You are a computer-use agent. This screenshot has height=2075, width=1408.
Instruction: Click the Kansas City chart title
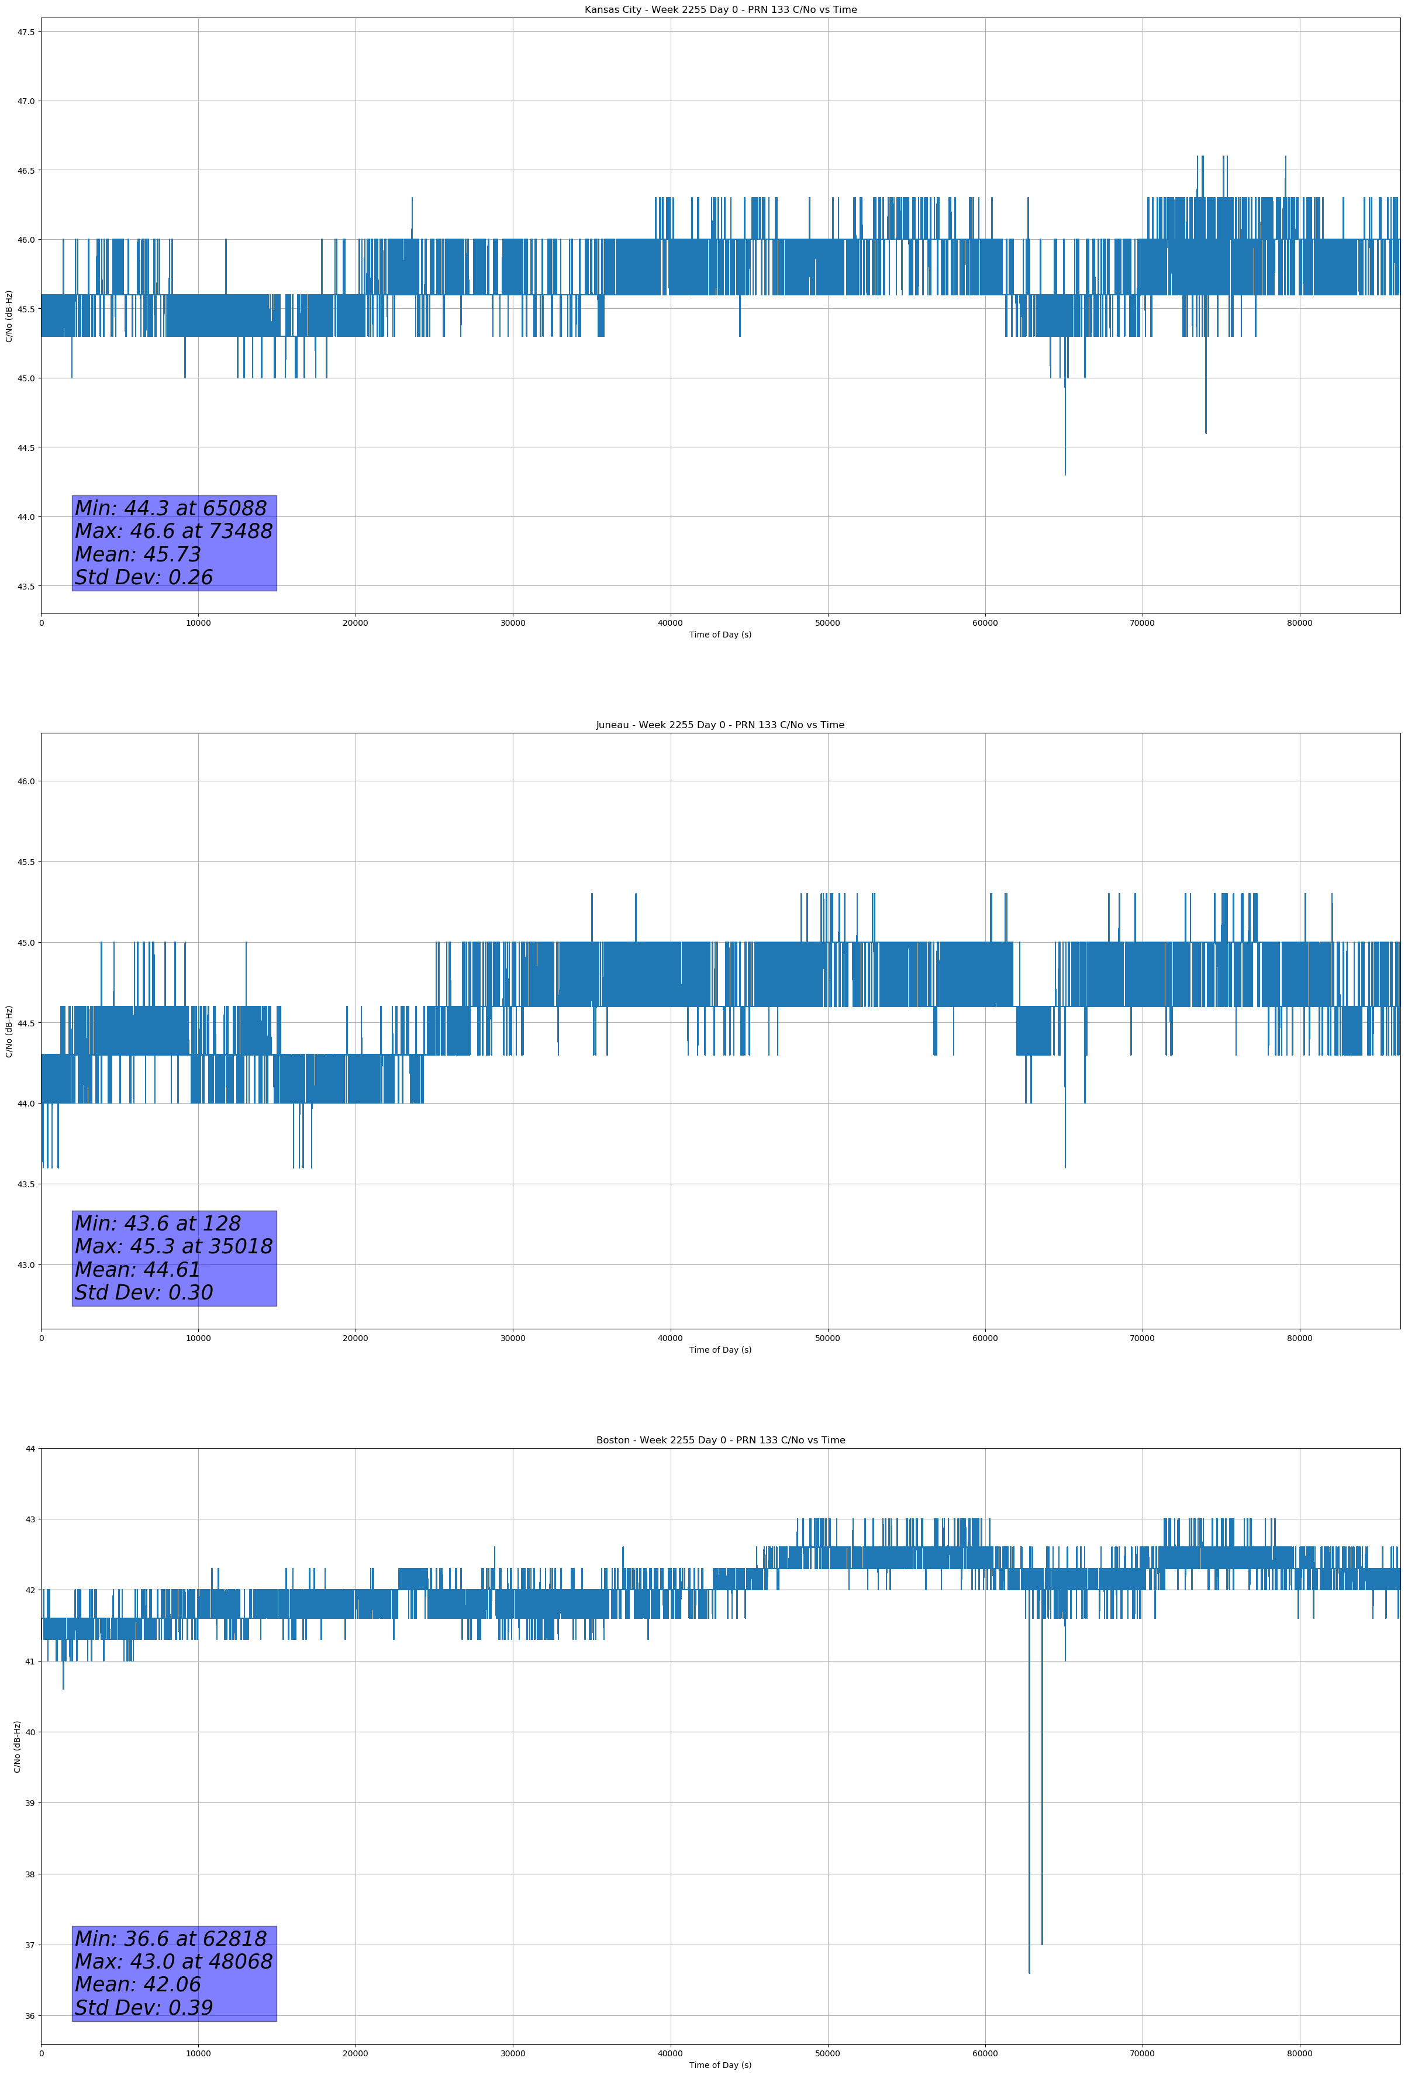[x=720, y=10]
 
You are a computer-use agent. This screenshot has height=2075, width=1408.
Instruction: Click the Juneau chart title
[x=720, y=725]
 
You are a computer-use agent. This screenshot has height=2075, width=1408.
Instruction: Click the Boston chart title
[x=720, y=1440]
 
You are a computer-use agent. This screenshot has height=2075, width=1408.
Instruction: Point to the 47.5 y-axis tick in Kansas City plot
[x=25, y=32]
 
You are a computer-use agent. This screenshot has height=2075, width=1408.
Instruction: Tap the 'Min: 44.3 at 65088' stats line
[x=171, y=508]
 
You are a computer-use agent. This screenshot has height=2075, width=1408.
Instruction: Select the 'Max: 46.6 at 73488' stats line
[x=173, y=531]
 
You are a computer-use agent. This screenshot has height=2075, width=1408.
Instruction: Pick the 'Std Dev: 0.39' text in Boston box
[x=144, y=2008]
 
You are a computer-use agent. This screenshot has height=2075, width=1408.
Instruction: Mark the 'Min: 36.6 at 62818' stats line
[x=171, y=1938]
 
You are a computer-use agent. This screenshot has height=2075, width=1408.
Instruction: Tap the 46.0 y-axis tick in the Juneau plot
[x=25, y=781]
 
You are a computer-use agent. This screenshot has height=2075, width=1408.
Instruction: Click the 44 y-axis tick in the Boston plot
[x=30, y=1448]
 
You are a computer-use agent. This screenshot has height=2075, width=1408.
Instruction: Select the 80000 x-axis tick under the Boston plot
[x=1299, y=2053]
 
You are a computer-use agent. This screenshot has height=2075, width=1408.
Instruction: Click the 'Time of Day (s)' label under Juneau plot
[x=720, y=1350]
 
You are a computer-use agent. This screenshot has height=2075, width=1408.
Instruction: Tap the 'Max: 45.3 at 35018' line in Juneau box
[x=173, y=1246]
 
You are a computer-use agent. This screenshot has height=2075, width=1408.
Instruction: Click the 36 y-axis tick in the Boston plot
[x=30, y=2016]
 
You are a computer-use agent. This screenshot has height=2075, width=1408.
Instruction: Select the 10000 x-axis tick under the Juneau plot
[x=198, y=1338]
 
